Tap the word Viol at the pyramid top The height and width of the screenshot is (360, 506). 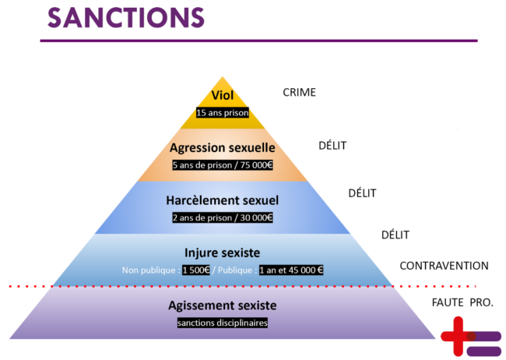point(223,96)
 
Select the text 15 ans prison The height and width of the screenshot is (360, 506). point(223,113)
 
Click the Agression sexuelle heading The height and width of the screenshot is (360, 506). point(223,147)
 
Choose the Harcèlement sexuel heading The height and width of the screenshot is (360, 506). point(223,200)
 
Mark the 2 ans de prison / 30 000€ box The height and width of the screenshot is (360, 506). point(223,217)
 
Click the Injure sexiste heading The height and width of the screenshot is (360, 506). point(223,252)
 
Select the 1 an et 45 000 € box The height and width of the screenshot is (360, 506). point(291,270)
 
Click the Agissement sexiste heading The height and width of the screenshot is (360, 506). point(223,305)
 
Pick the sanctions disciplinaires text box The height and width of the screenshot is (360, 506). point(223,322)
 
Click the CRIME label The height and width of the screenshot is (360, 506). point(300,93)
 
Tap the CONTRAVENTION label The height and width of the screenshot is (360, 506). point(444,266)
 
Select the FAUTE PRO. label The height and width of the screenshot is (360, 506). point(462,301)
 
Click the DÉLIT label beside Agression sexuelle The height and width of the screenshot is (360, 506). point(332,145)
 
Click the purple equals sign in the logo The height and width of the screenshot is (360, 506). point(486,344)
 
